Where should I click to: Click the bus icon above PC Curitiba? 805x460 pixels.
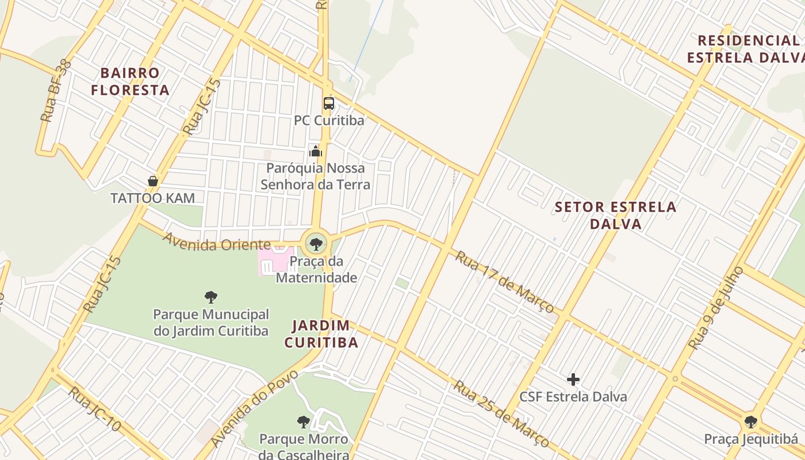point(328,103)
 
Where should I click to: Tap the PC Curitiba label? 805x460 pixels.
point(329,121)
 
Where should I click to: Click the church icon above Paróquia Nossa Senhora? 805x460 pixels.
point(316,151)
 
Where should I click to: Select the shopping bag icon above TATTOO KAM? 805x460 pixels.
point(153,181)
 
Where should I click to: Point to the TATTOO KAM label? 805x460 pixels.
point(152,198)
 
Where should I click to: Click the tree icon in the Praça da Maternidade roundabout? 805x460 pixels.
point(316,244)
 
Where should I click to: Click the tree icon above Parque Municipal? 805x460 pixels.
point(211,297)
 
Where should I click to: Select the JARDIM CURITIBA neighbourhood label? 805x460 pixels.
point(321,334)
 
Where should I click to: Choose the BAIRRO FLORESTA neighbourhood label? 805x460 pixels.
point(130,82)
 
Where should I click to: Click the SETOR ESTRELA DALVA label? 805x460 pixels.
point(615,215)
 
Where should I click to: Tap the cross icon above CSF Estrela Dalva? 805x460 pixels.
point(573,379)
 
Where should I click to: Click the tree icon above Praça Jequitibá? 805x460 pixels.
point(750,422)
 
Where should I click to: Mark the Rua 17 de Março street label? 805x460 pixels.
point(504,282)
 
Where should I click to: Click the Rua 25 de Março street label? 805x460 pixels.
point(501,413)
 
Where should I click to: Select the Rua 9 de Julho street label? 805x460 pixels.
point(716,307)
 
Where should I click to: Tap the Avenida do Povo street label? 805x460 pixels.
point(254,408)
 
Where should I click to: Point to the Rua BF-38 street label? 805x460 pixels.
point(56,91)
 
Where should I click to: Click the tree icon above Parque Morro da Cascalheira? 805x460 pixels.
point(304,422)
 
